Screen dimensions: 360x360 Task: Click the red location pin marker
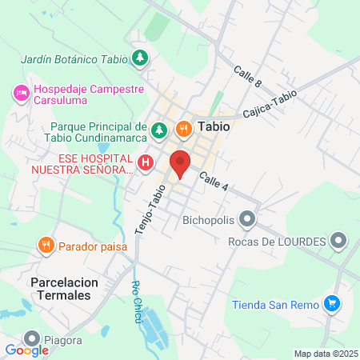180,163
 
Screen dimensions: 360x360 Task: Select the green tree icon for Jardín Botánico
140,58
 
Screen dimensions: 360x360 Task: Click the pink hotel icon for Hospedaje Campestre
21,94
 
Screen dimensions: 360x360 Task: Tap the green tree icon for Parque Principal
159,128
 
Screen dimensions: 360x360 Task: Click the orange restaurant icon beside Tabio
182,128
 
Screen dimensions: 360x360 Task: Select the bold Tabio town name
214,127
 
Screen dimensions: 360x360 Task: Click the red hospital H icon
146,163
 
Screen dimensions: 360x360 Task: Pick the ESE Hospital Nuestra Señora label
79,163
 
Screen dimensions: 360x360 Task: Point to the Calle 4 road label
214,182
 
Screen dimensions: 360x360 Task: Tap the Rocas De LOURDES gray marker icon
339,240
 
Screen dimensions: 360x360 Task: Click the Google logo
26,350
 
